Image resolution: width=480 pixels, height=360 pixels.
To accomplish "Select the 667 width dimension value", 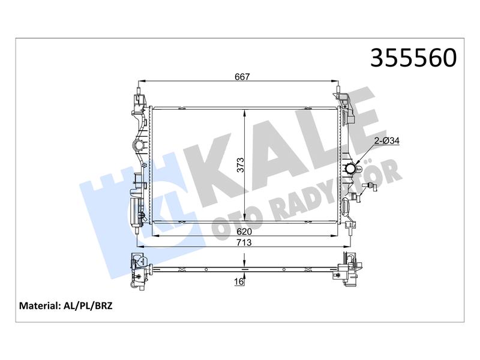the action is [x=242, y=77].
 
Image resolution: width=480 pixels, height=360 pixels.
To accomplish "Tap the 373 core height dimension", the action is [x=241, y=164].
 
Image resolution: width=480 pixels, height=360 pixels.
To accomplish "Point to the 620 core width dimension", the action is [x=244, y=232].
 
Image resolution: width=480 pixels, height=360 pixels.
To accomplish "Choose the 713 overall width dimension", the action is [x=244, y=242].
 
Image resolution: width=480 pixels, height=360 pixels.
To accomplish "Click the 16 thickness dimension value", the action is [x=239, y=281].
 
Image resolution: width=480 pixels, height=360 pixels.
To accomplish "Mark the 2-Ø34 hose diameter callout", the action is [x=387, y=141].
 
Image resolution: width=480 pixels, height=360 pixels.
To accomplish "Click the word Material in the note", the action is [x=38, y=306].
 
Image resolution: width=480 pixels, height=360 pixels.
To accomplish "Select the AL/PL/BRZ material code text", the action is [x=87, y=306].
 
